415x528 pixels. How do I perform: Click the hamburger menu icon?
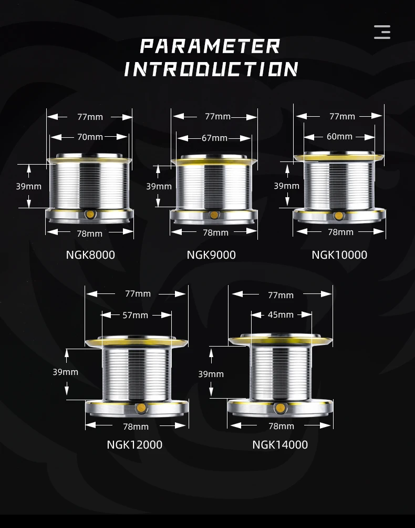click(x=382, y=32)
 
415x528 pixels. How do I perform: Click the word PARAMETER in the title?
click(x=210, y=46)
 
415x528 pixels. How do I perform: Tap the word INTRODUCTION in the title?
click(x=211, y=69)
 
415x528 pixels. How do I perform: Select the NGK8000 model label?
click(x=90, y=255)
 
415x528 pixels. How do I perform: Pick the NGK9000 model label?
click(x=211, y=255)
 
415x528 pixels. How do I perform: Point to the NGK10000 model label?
click(x=339, y=255)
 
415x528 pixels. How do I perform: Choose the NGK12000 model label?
click(x=134, y=445)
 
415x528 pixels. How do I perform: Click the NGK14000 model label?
click(x=280, y=445)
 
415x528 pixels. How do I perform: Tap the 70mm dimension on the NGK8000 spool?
click(x=90, y=137)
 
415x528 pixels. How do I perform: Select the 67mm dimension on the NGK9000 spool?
click(x=214, y=138)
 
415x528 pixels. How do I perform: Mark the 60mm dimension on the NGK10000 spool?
click(x=339, y=137)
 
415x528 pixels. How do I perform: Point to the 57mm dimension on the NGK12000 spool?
click(x=136, y=315)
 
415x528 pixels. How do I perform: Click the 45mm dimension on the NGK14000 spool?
click(x=281, y=314)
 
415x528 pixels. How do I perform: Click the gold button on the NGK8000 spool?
click(x=90, y=214)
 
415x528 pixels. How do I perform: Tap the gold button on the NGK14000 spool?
click(x=281, y=408)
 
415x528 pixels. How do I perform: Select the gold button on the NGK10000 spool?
click(x=339, y=216)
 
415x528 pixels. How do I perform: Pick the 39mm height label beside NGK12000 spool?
click(x=66, y=372)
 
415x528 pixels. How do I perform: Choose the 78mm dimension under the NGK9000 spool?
click(x=215, y=232)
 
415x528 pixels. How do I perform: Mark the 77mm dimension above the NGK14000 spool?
click(x=281, y=295)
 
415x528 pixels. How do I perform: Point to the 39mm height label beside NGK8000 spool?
click(x=28, y=186)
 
